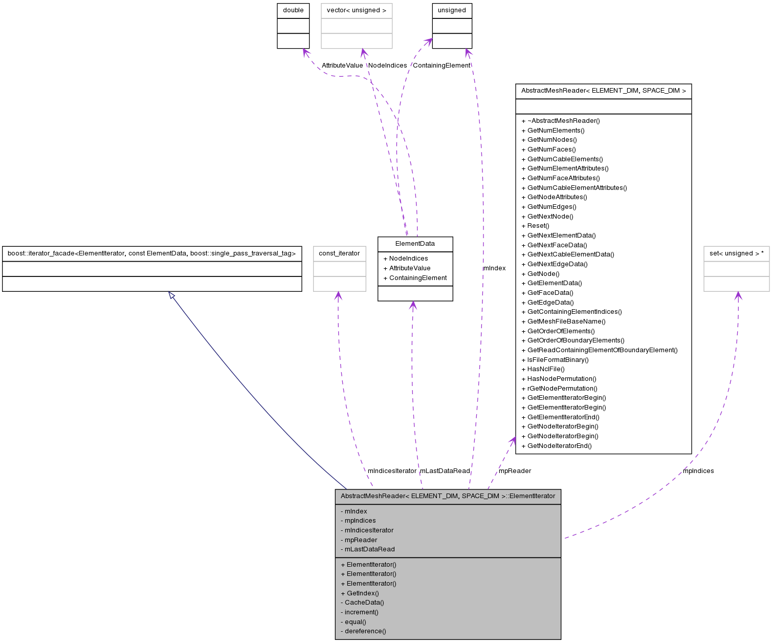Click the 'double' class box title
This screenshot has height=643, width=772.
[x=293, y=10]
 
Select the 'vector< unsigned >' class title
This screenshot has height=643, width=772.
[x=356, y=10]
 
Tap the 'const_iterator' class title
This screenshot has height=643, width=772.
[x=339, y=253]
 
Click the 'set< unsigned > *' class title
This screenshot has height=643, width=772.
[x=736, y=253]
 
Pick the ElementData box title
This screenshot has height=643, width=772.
[x=415, y=244]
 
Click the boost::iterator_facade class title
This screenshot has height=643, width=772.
[x=151, y=253]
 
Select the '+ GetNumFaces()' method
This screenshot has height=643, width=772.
[x=548, y=149]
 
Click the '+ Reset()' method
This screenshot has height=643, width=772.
[x=535, y=226]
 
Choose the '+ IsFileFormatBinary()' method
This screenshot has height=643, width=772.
[x=555, y=360]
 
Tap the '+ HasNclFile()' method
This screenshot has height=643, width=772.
[x=543, y=369]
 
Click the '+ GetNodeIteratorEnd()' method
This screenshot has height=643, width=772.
[x=557, y=446]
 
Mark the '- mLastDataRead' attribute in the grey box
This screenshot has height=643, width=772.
[x=367, y=549]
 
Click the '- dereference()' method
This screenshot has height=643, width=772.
[x=363, y=631]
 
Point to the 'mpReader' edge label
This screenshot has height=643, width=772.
[x=515, y=471]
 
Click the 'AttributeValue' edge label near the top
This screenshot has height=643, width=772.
[x=342, y=66]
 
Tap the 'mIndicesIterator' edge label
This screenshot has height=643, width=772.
[x=392, y=471]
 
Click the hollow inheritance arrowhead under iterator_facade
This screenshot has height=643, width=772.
[x=172, y=295]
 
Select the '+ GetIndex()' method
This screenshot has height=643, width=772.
[x=360, y=593]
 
